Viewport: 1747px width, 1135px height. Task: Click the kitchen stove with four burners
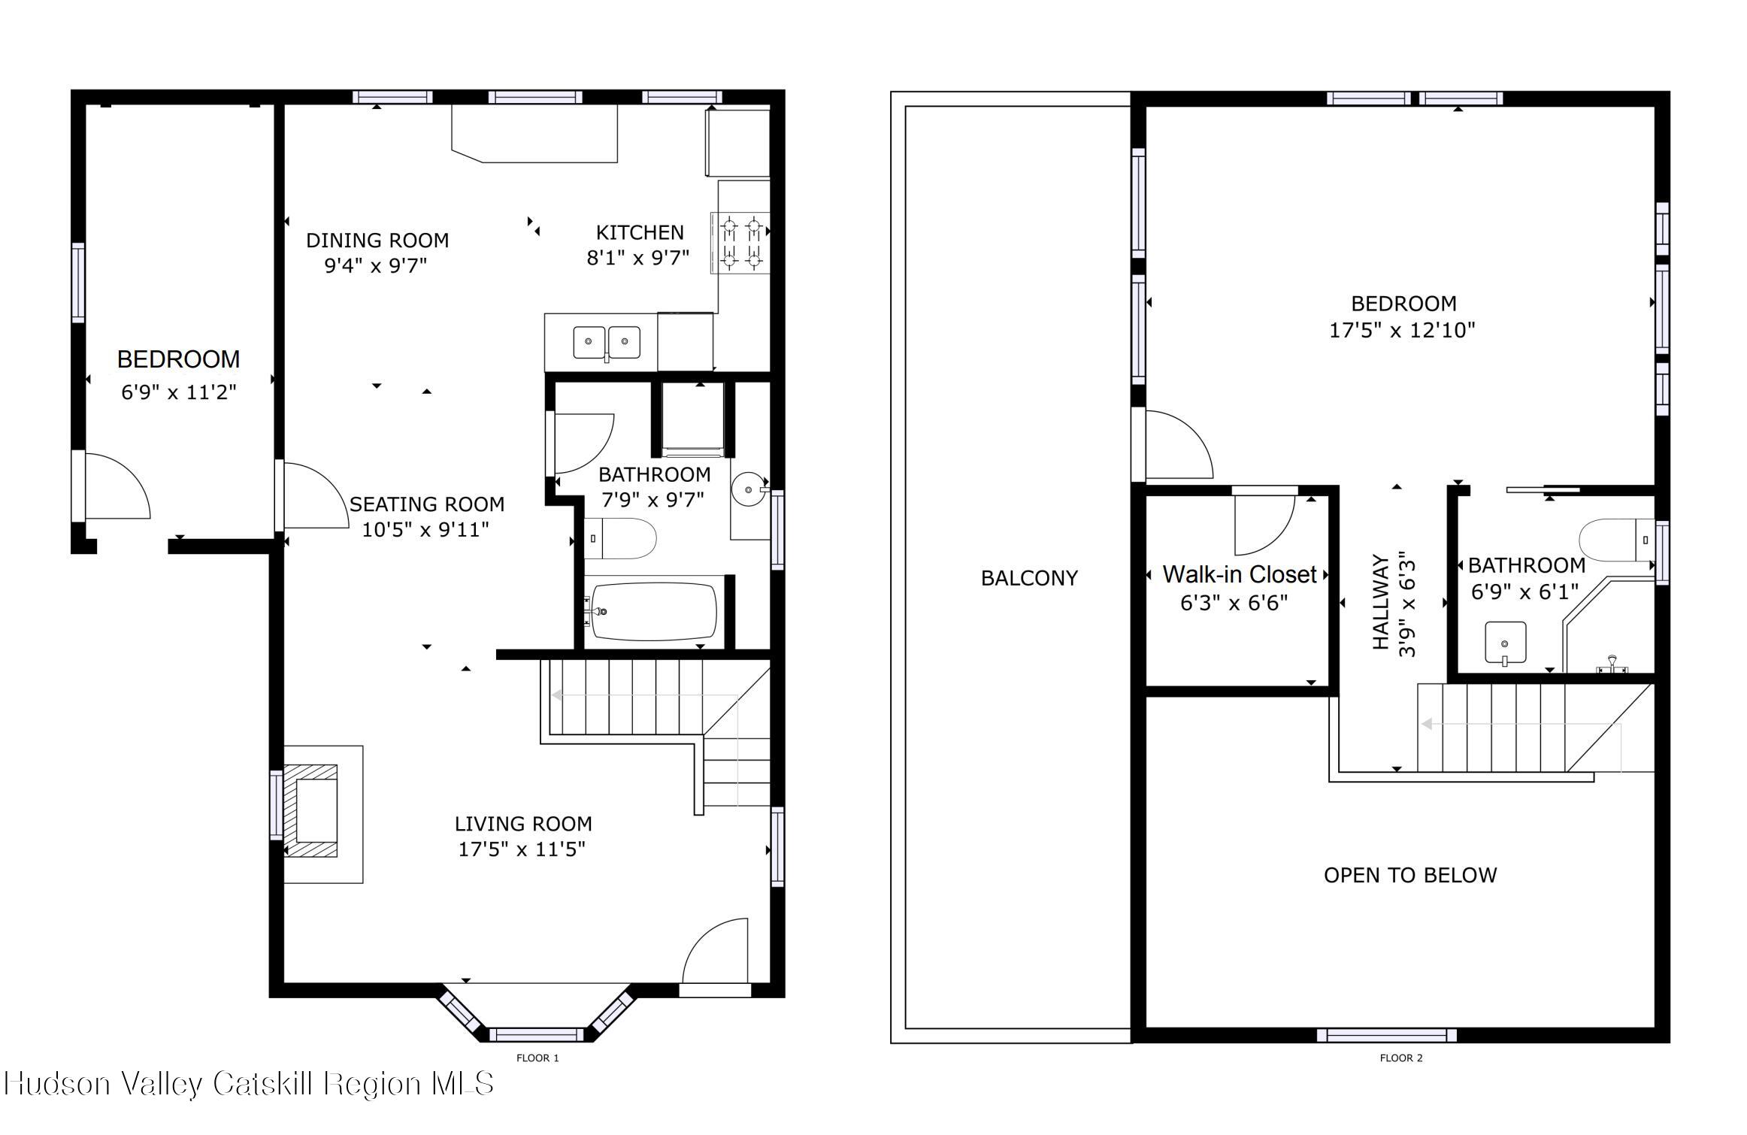[x=740, y=244]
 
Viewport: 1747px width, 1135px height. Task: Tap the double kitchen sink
[x=607, y=343]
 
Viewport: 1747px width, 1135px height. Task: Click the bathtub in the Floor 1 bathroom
[x=653, y=612]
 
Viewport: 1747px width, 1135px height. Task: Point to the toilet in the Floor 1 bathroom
[x=620, y=539]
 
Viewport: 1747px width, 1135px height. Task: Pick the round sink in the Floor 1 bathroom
[x=749, y=489]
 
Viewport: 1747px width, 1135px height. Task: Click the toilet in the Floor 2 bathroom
[x=1617, y=540]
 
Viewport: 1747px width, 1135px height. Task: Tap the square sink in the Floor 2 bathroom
[x=1505, y=643]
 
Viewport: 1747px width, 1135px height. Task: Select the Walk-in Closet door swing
[x=1265, y=524]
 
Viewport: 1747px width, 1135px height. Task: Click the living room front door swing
[x=715, y=950]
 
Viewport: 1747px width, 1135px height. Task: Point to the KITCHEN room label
[x=640, y=232]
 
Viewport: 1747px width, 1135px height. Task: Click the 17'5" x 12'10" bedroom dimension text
[x=1402, y=330]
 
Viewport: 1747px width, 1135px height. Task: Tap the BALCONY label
[x=1029, y=578]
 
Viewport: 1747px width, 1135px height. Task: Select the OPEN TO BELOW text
[x=1410, y=875]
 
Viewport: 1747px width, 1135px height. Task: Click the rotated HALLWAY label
[x=1381, y=602]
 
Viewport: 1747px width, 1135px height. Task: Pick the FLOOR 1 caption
[x=537, y=1058]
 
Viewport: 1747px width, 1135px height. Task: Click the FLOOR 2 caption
[x=1401, y=1058]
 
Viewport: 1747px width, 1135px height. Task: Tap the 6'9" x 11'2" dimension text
[x=179, y=392]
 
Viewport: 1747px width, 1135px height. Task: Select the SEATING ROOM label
[x=426, y=504]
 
